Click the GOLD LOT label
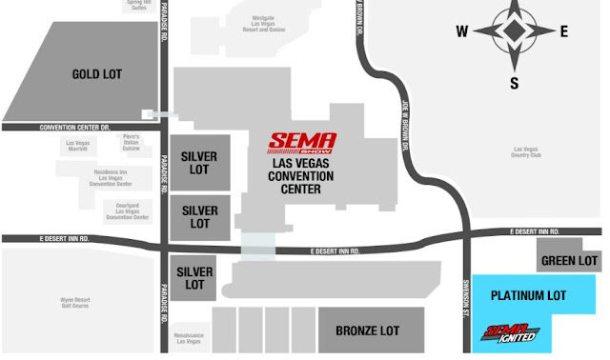coord(97,73)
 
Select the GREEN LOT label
coord(569,260)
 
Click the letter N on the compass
coord(514,7)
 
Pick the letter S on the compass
coord(514,84)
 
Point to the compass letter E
coord(563,31)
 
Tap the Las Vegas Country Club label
coord(525,152)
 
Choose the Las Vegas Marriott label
coord(79,146)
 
